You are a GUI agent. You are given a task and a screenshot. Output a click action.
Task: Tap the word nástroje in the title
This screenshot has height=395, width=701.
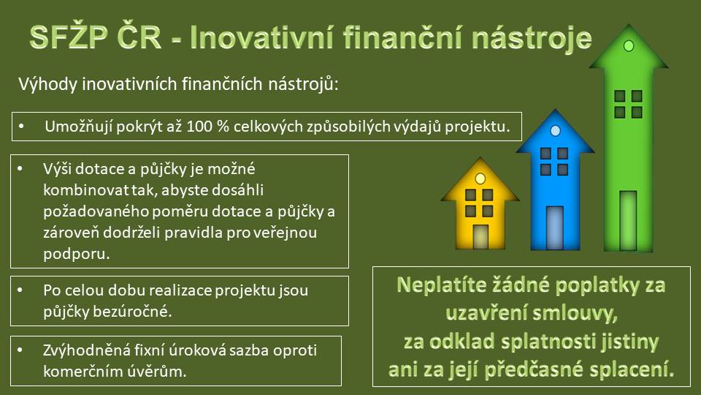(x=532, y=38)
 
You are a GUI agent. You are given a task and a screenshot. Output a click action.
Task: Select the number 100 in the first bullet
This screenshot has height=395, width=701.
(x=199, y=127)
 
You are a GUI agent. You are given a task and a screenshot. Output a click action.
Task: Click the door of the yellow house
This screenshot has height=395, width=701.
(x=480, y=236)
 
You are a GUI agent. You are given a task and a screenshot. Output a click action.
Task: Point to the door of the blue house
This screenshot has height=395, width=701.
(x=555, y=227)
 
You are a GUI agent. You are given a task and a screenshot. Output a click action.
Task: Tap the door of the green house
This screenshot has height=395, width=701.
(x=628, y=220)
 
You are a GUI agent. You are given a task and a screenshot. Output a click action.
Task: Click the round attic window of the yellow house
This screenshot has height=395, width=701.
(x=480, y=178)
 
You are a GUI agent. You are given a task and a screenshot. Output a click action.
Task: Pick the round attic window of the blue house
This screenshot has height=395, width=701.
(x=555, y=131)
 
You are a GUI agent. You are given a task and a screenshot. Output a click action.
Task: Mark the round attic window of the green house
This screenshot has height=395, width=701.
(x=629, y=45)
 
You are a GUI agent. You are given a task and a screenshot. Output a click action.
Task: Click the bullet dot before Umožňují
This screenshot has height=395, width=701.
(x=21, y=127)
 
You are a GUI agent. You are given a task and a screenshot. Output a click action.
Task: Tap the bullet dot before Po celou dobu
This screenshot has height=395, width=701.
(x=20, y=290)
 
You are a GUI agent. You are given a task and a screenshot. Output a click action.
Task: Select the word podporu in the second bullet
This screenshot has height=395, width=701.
(x=77, y=254)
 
